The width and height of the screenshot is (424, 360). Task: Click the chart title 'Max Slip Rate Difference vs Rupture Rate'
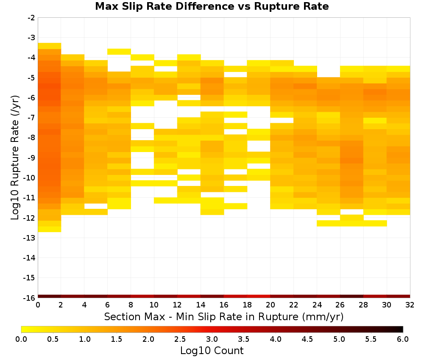212,6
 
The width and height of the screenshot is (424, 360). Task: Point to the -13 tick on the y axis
29,238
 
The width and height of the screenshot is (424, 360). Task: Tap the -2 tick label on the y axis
31,18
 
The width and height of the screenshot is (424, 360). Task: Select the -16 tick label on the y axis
29,298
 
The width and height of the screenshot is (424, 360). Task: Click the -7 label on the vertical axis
31,118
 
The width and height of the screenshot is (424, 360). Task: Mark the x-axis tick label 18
247,305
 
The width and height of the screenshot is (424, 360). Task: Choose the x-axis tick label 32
410,305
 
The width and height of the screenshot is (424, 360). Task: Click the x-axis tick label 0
38,305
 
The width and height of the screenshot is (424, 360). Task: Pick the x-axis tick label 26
340,305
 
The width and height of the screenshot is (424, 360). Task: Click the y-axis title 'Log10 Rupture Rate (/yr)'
15,158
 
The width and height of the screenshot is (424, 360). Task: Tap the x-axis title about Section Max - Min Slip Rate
224,316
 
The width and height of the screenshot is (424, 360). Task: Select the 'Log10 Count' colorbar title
212,351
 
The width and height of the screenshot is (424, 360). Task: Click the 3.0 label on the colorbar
212,339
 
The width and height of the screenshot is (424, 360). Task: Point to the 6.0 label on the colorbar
403,339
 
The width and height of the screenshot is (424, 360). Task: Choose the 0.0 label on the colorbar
21,339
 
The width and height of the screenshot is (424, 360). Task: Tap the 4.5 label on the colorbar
307,339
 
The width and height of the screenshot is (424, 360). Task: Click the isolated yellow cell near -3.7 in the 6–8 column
119,52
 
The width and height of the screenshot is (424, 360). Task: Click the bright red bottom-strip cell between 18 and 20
259,296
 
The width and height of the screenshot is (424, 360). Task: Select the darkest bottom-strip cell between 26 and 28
352,296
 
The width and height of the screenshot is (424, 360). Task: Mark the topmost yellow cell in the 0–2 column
50,46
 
